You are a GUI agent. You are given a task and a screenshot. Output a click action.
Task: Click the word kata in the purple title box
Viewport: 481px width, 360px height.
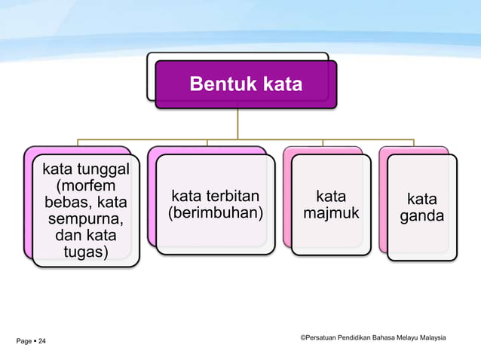click(281, 84)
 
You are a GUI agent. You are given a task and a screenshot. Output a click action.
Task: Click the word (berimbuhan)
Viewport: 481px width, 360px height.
click(216, 215)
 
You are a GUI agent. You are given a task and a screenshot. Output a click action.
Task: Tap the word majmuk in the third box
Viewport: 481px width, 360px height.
click(331, 215)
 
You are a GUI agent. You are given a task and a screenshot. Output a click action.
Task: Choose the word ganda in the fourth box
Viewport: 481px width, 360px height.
click(421, 217)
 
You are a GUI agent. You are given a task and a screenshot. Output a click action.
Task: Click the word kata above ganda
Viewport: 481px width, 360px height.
click(421, 200)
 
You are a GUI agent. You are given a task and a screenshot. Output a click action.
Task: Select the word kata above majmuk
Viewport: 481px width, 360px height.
click(331, 197)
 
